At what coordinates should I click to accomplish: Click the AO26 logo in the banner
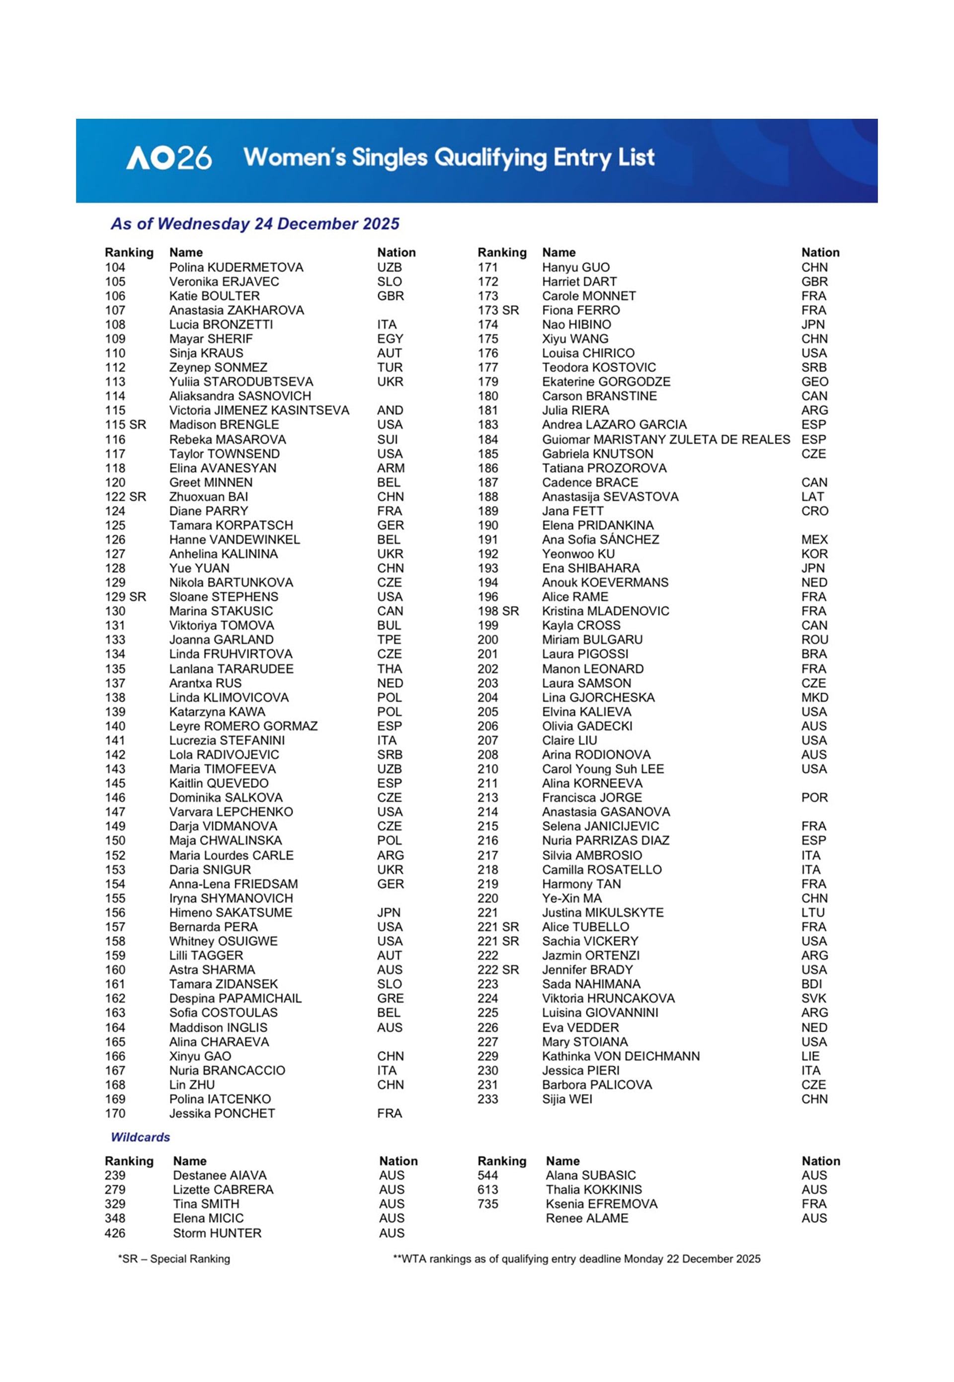coord(168,158)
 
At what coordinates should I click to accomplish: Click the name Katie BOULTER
coord(214,296)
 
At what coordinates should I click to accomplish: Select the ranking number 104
coord(115,267)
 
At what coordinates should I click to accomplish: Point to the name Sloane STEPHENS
coord(224,596)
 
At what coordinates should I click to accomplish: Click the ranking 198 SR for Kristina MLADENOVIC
coord(498,611)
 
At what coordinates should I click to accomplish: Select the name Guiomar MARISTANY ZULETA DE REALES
coord(665,439)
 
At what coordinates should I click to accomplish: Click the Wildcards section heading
coord(141,1138)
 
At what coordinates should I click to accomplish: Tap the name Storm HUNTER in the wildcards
coord(217,1233)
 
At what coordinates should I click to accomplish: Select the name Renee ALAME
coord(586,1218)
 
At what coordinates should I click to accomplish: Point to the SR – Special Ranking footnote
coord(174,1259)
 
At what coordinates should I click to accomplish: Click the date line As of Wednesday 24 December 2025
coord(255,224)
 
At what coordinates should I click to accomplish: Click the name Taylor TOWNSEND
coord(224,454)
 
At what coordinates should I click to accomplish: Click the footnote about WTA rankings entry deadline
coord(576,1259)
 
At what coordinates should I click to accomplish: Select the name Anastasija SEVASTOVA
coord(610,497)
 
